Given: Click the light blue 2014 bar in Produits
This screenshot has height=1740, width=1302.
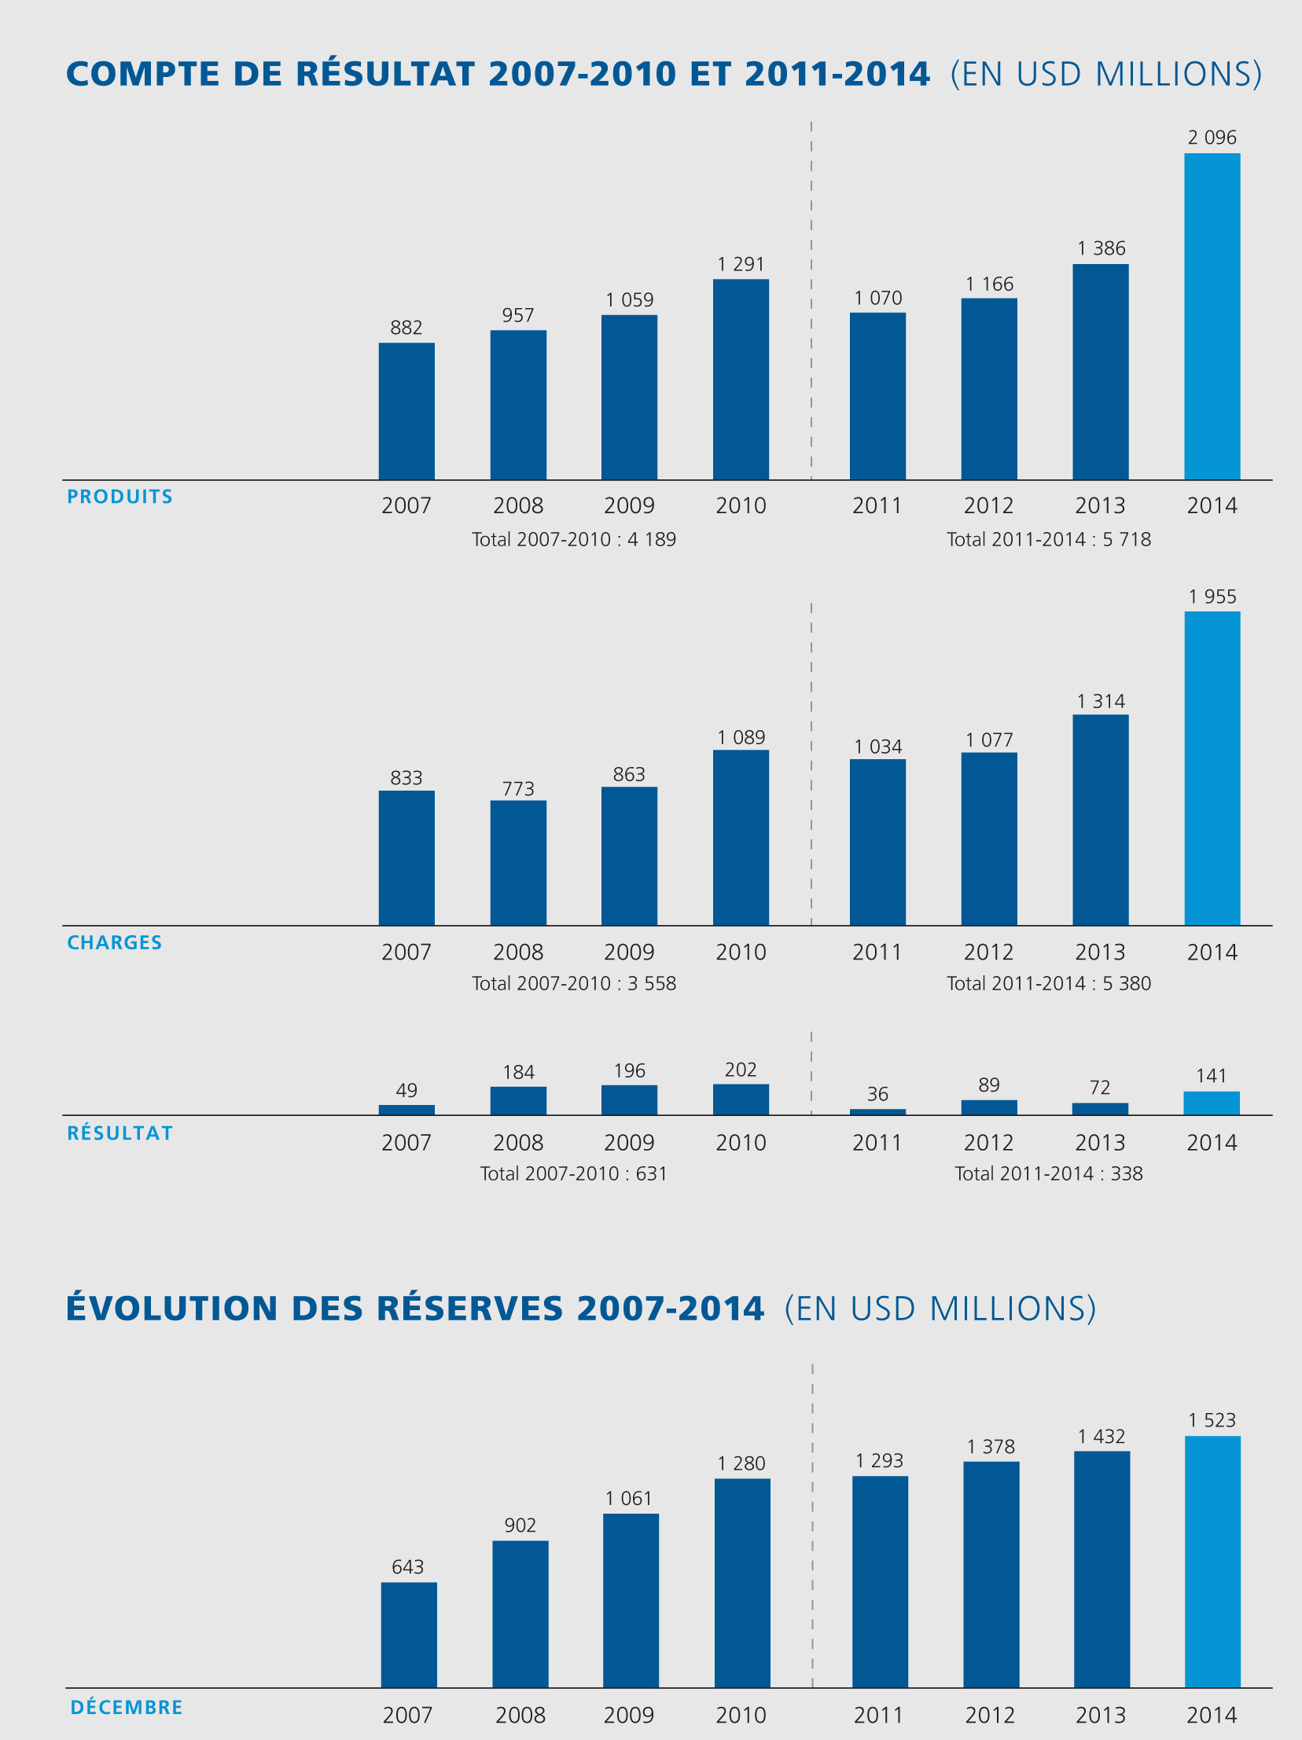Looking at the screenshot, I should tap(1212, 316).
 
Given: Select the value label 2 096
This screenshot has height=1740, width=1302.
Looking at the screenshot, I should tap(1212, 138).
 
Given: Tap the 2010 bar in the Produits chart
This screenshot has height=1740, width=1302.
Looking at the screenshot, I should tap(741, 379).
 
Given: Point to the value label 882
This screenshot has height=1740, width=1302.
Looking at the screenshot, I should tap(406, 327).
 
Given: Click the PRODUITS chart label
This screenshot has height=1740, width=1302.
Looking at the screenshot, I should tap(120, 497).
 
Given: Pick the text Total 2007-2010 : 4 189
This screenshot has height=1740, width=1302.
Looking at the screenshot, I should tap(573, 540).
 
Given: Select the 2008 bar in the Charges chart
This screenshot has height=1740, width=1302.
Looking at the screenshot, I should tap(517, 862).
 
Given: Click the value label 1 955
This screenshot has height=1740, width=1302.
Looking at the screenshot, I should tap(1212, 597).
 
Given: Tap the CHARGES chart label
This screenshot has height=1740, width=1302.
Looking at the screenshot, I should tap(114, 942).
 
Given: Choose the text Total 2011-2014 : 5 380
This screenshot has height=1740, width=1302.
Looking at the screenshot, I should tap(1048, 983).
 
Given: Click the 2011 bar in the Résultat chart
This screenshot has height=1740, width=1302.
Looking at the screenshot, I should tap(877, 1111).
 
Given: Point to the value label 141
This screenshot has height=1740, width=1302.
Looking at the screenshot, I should tap(1211, 1075).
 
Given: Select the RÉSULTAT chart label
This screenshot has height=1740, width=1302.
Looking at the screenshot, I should tap(120, 1132).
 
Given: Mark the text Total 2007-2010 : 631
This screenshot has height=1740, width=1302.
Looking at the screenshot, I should tap(573, 1173).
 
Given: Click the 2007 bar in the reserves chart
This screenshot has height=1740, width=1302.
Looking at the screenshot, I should tap(408, 1635).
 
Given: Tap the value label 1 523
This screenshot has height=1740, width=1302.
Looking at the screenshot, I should tap(1212, 1420).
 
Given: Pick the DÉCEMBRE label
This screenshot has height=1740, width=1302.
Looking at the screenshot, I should tap(126, 1707).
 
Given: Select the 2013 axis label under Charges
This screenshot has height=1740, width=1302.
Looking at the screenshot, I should tap(1100, 952).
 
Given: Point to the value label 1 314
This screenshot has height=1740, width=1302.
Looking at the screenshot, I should tap(1100, 701).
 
